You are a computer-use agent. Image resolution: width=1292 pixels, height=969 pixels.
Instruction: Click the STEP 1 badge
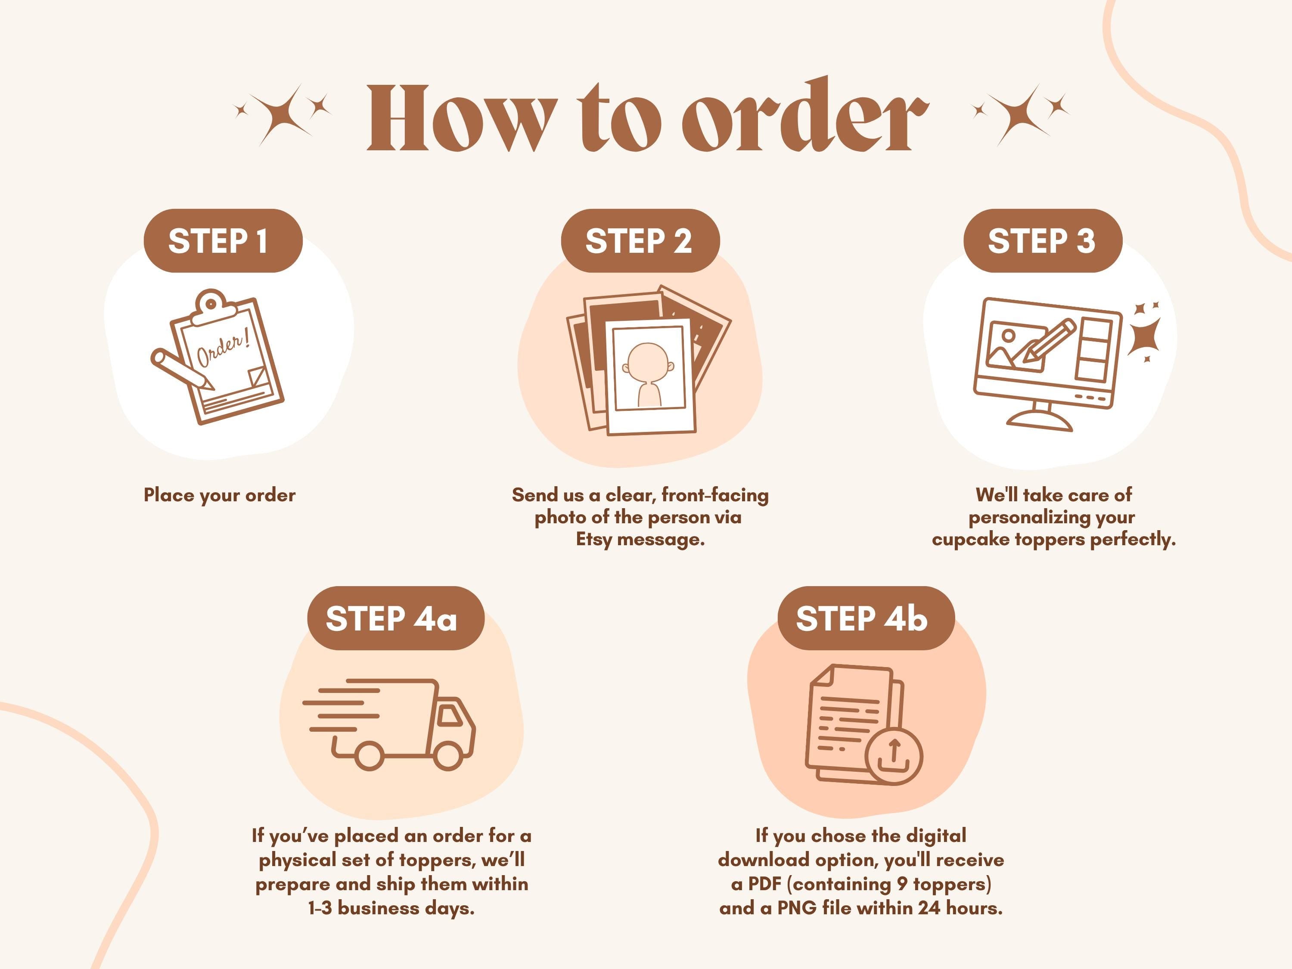click(x=223, y=241)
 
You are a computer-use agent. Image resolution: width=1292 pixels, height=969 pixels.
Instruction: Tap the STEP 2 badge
click(x=640, y=241)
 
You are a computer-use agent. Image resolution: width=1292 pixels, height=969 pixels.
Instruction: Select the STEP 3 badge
click(x=1043, y=241)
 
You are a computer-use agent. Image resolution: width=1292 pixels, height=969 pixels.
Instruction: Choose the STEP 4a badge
click(x=395, y=618)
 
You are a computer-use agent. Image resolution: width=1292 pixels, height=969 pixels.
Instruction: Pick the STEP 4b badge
click(x=866, y=618)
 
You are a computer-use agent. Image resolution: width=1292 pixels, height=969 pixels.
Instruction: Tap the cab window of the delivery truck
click(x=450, y=715)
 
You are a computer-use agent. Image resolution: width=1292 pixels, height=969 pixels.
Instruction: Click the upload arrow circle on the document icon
click(x=894, y=756)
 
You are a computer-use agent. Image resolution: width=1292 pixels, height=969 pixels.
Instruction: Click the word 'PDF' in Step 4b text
click(x=766, y=884)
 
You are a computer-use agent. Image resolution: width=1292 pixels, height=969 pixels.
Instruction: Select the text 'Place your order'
click(x=220, y=496)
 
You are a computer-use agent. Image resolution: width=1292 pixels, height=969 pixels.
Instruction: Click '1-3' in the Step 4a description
click(x=320, y=908)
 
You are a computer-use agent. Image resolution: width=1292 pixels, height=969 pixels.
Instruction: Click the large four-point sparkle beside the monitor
click(x=1144, y=337)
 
